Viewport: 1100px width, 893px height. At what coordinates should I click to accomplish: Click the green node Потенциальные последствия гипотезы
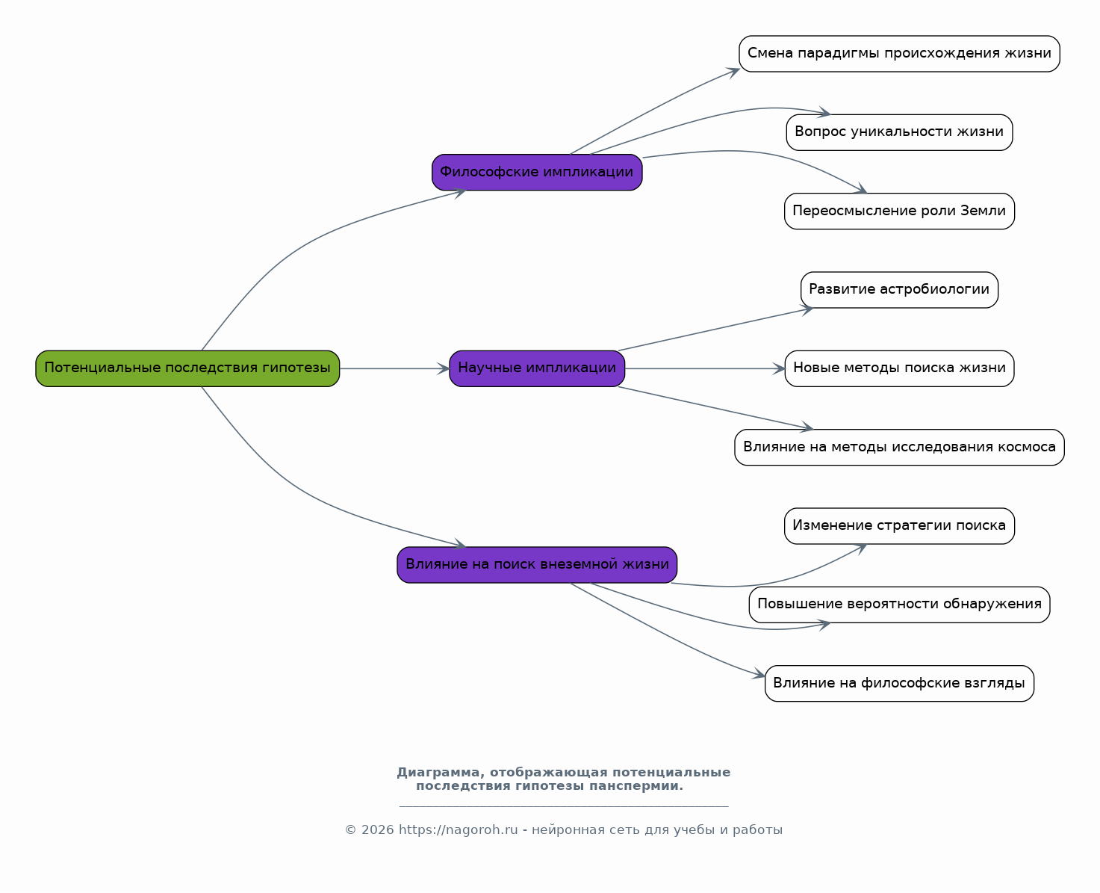[187, 368]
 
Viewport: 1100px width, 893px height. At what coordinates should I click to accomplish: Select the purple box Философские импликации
[537, 172]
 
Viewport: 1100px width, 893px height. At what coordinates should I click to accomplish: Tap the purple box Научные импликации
[537, 368]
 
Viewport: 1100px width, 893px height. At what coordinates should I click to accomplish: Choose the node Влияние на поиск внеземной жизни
[537, 565]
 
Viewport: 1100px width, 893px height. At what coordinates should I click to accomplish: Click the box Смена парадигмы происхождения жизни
[900, 54]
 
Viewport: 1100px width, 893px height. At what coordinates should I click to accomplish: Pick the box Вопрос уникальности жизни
[900, 132]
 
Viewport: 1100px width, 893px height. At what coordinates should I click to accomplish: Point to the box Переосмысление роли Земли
[900, 211]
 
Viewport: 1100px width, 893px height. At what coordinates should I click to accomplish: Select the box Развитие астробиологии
[900, 290]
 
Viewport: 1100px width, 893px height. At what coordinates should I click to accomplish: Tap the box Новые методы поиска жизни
[900, 368]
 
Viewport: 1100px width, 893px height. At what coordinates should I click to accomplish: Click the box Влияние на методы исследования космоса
[900, 448]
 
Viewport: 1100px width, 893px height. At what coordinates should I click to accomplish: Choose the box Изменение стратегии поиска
[900, 526]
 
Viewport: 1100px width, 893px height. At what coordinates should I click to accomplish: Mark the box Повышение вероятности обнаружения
[900, 605]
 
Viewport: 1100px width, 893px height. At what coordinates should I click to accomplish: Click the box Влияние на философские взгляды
[900, 683]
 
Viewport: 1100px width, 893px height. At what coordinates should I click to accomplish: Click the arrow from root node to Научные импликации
[394, 368]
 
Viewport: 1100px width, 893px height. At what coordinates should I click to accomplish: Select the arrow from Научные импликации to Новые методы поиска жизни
[705, 368]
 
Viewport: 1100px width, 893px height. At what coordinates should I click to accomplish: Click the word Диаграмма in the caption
[438, 773]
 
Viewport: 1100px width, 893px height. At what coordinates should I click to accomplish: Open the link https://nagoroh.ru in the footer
[458, 830]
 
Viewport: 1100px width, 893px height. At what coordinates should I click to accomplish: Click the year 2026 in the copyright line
[378, 830]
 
